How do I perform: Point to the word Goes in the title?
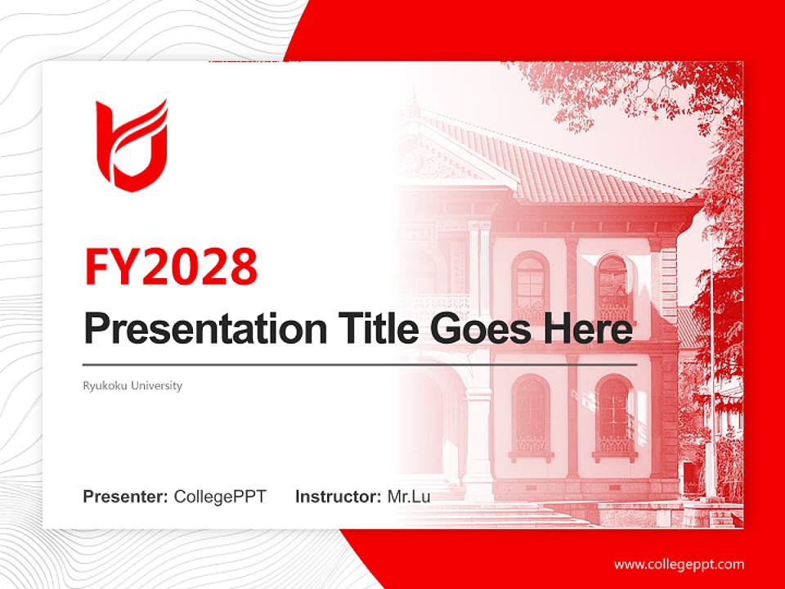tap(476, 329)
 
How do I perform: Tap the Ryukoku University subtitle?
tap(132, 385)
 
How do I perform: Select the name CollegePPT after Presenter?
tap(220, 496)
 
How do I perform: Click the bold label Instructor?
tap(338, 496)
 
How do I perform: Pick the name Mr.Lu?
tap(409, 496)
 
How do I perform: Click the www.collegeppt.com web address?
tap(679, 564)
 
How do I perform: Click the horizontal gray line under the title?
tap(360, 364)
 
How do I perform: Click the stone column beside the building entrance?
tap(478, 442)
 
